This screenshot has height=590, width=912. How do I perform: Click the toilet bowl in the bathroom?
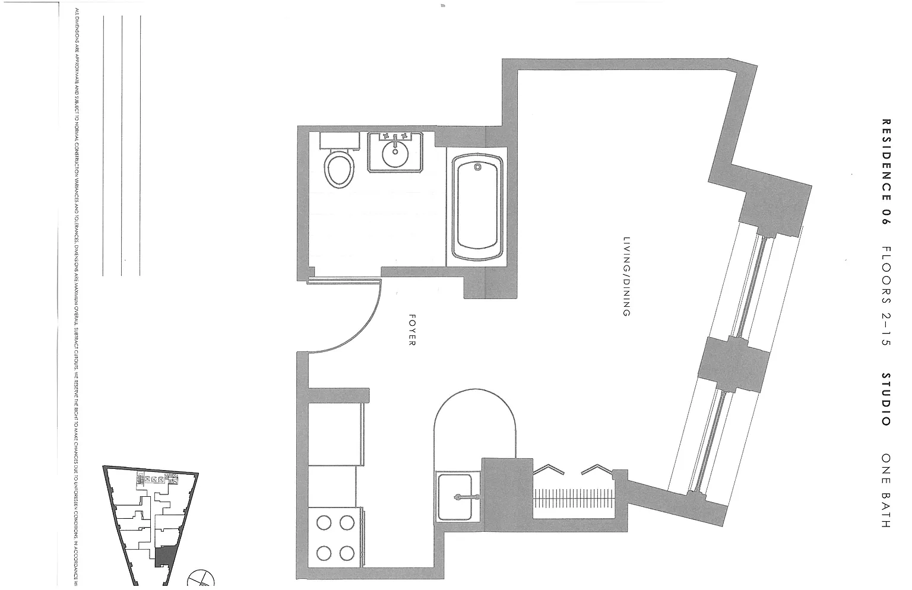coord(339,170)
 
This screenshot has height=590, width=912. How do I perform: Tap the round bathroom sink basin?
coord(394,156)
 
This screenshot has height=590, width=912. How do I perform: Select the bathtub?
coord(478,208)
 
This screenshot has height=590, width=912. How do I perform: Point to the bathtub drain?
coord(478,167)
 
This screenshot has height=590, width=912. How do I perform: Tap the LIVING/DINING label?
coord(625,277)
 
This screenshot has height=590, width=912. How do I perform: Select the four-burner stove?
coord(335,538)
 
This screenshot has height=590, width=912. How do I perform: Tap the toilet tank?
coord(340,140)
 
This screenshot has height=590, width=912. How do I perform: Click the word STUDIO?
coord(886,399)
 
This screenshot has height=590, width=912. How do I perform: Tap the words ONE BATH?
coord(886,490)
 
